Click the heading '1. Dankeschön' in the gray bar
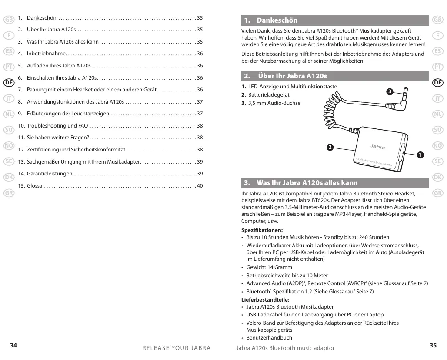pos(271,20)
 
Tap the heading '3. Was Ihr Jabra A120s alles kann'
pos(300,183)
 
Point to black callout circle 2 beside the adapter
pos(330,147)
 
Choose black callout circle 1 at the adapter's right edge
pos(420,155)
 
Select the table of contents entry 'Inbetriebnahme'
pos(46,54)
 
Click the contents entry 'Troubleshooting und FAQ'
pos(57,126)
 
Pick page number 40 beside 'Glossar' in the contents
pos(200,186)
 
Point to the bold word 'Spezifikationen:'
pos(262,230)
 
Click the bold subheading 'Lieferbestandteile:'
pos(265,299)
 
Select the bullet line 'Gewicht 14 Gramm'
pos(269,267)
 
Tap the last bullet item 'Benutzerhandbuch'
pos(269,338)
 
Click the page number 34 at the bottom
pos(13,345)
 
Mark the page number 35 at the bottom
pos(433,345)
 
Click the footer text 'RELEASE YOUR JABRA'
pos(177,348)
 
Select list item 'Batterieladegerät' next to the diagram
pos(269,95)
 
